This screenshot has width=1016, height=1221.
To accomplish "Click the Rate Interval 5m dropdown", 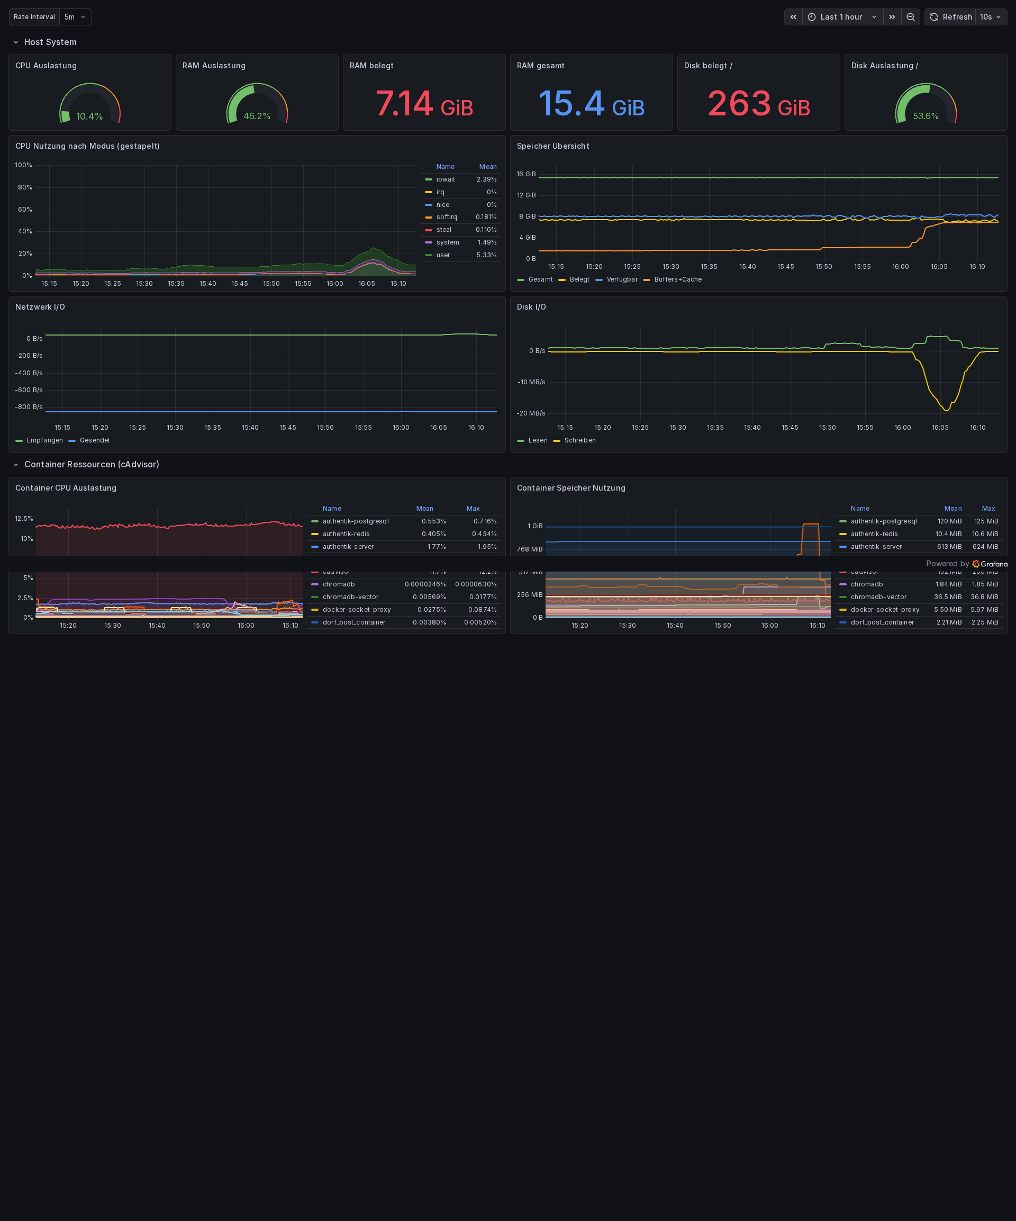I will (x=75, y=17).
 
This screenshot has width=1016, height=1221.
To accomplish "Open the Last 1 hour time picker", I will (x=841, y=17).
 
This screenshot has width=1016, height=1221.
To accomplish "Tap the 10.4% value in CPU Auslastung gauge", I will (x=89, y=116).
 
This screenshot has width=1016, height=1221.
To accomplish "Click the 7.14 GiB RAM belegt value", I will (x=424, y=104).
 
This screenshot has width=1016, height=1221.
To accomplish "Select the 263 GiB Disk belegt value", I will (x=758, y=104).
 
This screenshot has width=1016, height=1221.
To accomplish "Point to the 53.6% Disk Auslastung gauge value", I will (x=926, y=116).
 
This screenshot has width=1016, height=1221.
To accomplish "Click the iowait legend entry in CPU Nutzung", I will (x=445, y=179).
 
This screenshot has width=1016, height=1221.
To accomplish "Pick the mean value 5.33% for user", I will (x=486, y=255).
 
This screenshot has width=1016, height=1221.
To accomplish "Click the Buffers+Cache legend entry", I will (x=677, y=279).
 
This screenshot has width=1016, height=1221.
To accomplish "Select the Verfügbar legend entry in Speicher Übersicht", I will (x=621, y=279).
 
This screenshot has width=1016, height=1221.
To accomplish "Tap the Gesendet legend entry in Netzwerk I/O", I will (x=94, y=441).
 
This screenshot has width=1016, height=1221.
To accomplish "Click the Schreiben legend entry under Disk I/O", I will (x=579, y=441).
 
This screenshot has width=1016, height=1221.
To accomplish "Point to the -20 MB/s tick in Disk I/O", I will (x=531, y=413).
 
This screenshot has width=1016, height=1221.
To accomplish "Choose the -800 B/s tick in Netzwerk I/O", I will (x=29, y=407).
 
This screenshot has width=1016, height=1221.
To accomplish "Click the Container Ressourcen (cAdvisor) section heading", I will (x=91, y=465).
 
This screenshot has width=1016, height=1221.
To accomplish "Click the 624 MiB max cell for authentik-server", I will (x=985, y=547).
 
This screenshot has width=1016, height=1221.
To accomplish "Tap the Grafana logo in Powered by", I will (x=990, y=564).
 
